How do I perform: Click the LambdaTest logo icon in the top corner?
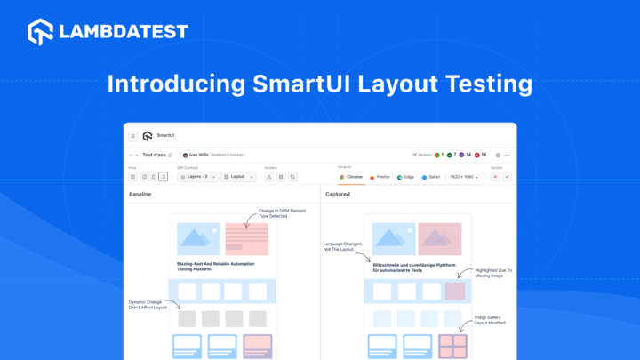coord(41,32)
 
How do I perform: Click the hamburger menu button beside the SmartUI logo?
coord(133,136)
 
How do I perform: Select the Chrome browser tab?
coord(351,177)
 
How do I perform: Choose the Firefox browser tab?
coord(380,177)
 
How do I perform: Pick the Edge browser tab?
coord(405,177)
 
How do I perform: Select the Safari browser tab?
coord(430,177)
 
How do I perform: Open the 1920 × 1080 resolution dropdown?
coord(464,177)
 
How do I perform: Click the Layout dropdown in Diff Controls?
coord(238,177)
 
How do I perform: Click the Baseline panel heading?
coord(140,194)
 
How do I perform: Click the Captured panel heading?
coord(338,194)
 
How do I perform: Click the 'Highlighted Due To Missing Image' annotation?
coord(493,274)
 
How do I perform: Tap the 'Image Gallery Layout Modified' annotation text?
coord(490,320)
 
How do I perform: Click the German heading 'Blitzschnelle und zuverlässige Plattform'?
coord(417,265)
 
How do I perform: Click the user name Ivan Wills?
coord(198,155)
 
